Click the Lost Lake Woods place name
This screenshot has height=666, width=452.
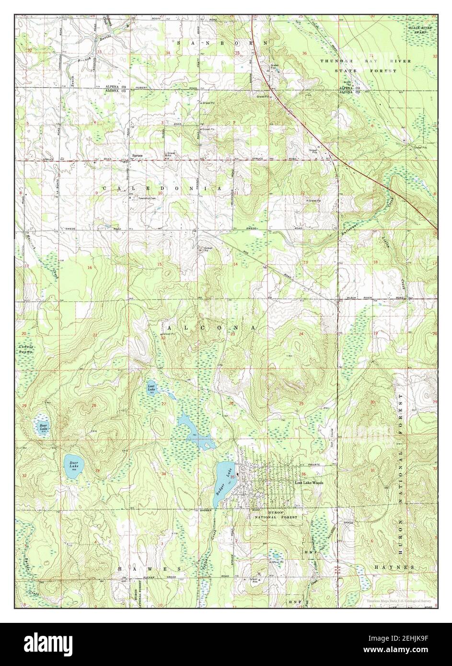click(309, 483)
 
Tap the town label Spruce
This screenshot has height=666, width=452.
click(138, 156)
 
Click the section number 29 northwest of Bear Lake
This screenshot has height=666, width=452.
click(24, 406)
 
